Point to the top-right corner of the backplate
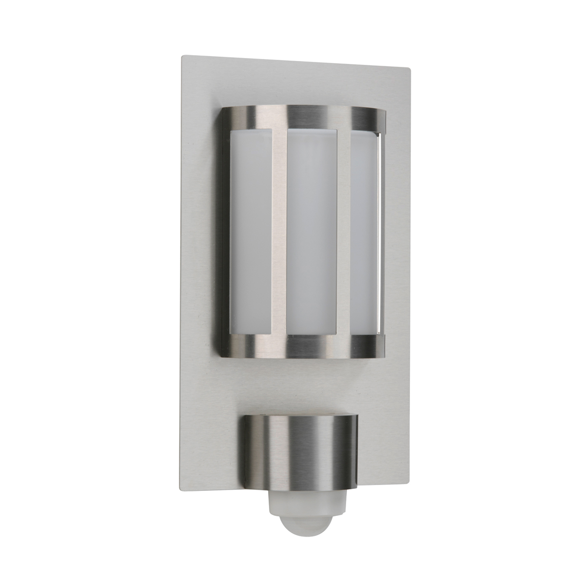[x=410, y=70]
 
